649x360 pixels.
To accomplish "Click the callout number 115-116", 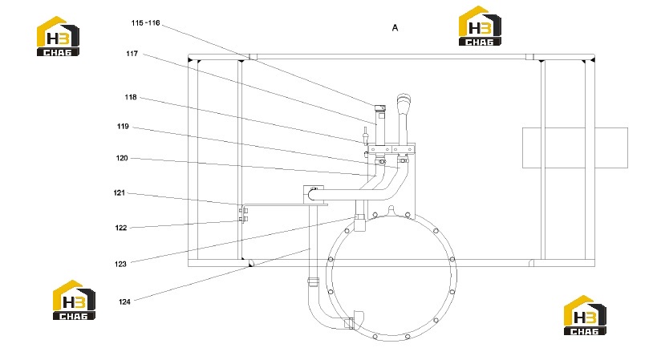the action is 145,23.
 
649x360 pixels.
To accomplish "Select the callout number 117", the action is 132,54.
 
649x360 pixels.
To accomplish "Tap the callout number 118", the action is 131,97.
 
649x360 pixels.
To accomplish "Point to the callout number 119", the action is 123,126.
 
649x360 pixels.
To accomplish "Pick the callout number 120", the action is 122,158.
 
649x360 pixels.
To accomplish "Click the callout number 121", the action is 119,192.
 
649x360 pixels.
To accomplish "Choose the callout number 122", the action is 120,228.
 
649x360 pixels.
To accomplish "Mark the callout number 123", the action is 120,264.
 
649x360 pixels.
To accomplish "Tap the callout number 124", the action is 124,302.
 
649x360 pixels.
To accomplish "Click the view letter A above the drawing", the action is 395,28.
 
